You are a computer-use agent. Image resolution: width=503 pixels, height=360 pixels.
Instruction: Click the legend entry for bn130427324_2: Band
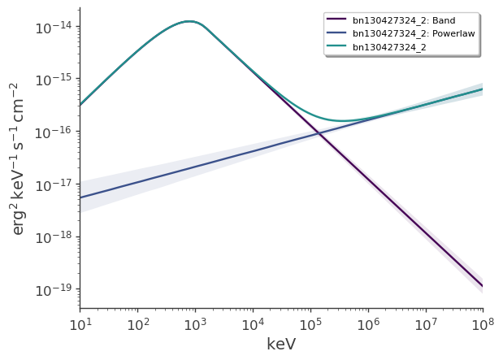tap(413, 20)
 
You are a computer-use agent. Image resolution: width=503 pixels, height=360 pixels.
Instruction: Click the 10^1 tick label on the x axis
tap(80, 326)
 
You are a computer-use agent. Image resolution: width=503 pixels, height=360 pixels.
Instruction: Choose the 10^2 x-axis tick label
tap(137, 326)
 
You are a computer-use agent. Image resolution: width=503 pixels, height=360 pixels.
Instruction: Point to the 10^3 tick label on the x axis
tap(195, 326)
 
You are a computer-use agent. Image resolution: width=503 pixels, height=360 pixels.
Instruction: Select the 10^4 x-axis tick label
tap(253, 326)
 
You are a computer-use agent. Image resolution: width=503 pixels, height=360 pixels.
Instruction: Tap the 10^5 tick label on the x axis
tap(310, 326)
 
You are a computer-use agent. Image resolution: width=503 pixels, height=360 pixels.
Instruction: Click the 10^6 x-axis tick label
tap(368, 326)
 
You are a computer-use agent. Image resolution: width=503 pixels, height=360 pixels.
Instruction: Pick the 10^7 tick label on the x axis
tap(426, 326)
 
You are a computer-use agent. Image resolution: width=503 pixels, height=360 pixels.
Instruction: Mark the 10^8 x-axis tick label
tap(483, 326)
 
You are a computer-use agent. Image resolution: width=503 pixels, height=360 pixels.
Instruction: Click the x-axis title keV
tap(281, 345)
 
